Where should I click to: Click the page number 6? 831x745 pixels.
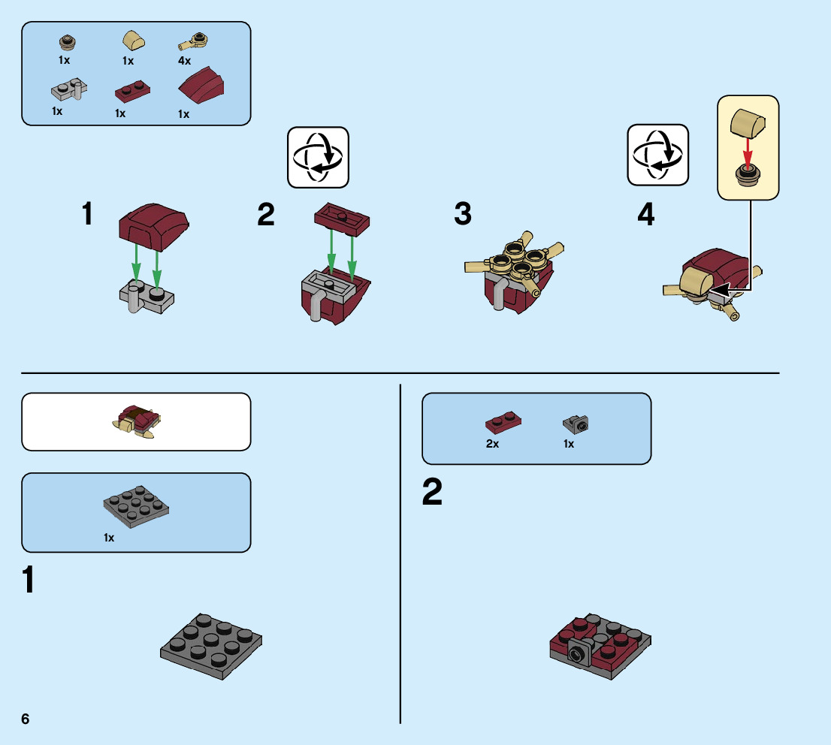pyautogui.click(x=26, y=719)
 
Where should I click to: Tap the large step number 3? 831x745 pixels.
pyautogui.click(x=463, y=215)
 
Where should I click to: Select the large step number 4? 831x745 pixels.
pyautogui.click(x=645, y=216)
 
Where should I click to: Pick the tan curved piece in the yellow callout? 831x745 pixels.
pyautogui.click(x=748, y=122)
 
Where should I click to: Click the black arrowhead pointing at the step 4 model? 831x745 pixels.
pyautogui.click(x=722, y=289)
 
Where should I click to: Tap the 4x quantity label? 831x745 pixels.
pyautogui.click(x=185, y=61)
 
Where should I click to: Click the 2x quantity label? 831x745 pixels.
pyautogui.click(x=493, y=444)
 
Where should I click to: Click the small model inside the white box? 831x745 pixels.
pyautogui.click(x=137, y=422)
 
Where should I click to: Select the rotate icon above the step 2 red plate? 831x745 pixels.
pyautogui.click(x=319, y=157)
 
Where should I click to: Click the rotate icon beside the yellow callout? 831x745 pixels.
pyautogui.click(x=658, y=155)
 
